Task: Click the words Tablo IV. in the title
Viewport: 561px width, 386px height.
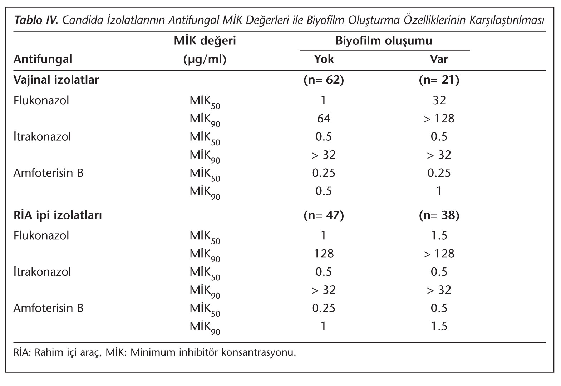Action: pyautogui.click(x=36, y=20)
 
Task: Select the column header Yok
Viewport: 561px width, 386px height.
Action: pyautogui.click(x=324, y=59)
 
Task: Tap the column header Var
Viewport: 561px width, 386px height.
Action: pyautogui.click(x=439, y=59)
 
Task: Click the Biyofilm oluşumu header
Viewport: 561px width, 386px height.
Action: pyautogui.click(x=384, y=41)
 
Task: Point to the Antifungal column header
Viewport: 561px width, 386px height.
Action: pyautogui.click(x=43, y=60)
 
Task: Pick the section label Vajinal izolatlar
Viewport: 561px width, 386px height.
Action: pyautogui.click(x=56, y=80)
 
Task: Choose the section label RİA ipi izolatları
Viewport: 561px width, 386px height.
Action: pyautogui.click(x=58, y=215)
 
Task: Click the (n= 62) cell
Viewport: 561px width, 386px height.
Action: pyautogui.click(x=324, y=80)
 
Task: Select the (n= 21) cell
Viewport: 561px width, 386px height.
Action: pyautogui.click(x=439, y=80)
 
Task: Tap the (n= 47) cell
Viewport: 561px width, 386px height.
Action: pyautogui.click(x=324, y=215)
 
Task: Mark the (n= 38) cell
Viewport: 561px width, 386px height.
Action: pyautogui.click(x=439, y=215)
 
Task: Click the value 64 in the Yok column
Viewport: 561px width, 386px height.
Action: pyautogui.click(x=324, y=119)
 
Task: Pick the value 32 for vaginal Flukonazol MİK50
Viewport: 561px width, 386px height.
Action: pyautogui.click(x=439, y=100)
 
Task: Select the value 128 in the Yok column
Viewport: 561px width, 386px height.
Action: pyautogui.click(x=324, y=254)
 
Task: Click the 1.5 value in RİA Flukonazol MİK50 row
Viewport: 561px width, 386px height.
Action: pyautogui.click(x=439, y=235)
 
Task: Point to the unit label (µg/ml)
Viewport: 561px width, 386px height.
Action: pyautogui.click(x=205, y=60)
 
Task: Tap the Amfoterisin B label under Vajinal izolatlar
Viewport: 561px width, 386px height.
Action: pyautogui.click(x=48, y=173)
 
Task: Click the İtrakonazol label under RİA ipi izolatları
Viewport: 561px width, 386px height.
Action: pyautogui.click(x=42, y=272)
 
